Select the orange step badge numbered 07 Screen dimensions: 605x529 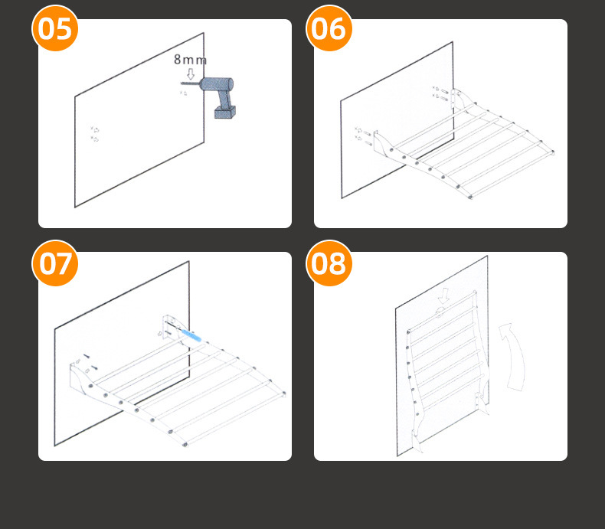(55, 263)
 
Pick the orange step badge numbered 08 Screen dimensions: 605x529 (330, 263)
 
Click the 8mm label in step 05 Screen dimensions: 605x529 (190, 60)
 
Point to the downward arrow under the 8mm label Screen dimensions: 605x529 (191, 73)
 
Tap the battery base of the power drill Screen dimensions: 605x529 (224, 113)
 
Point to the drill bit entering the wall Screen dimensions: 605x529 (188, 83)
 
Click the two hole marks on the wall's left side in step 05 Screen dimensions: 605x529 (96, 135)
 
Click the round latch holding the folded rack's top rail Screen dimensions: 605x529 (438, 313)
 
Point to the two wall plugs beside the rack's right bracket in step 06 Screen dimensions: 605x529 (440, 93)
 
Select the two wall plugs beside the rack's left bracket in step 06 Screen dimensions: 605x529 (363, 135)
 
